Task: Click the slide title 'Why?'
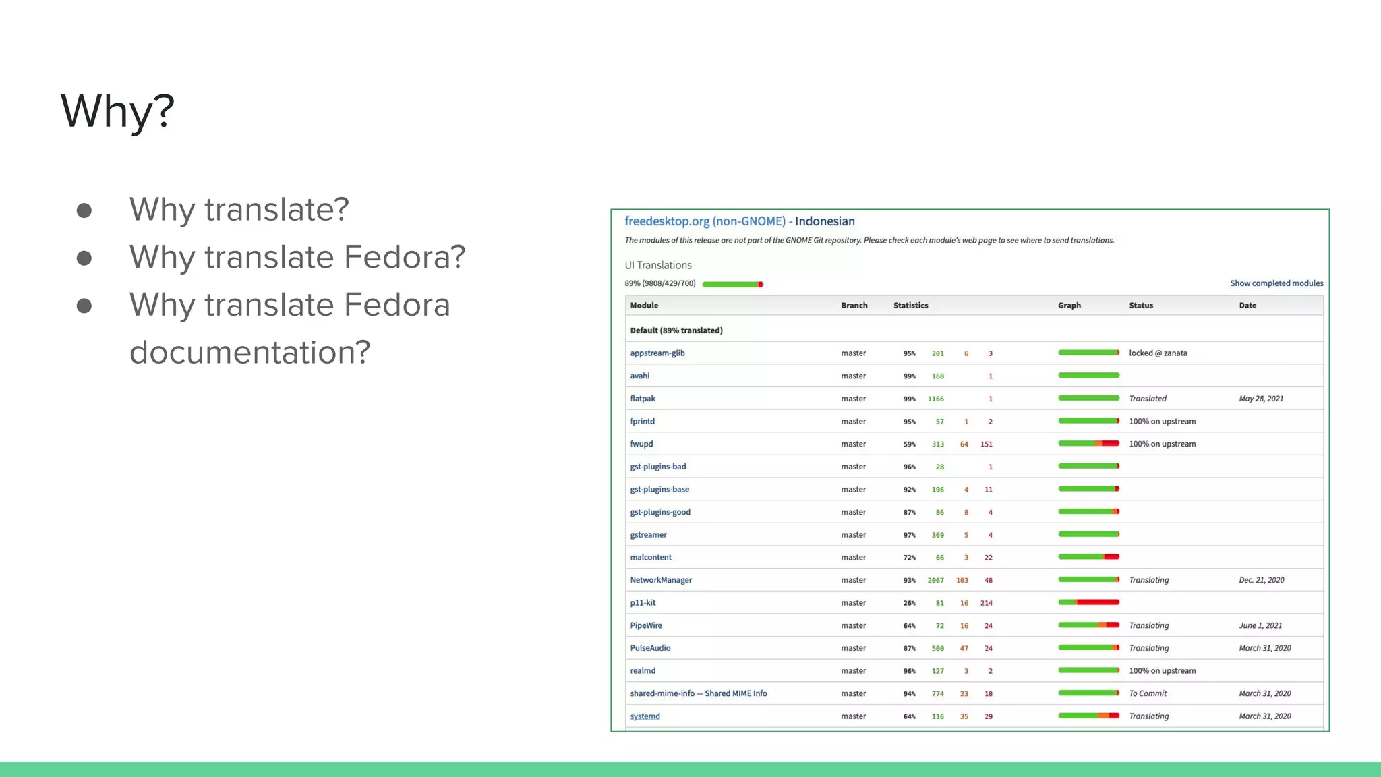coord(117,111)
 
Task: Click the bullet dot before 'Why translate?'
coord(84,210)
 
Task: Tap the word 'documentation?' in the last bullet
coord(249,352)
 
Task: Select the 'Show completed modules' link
coord(1276,283)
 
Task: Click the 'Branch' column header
coord(854,306)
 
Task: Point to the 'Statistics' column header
coord(910,306)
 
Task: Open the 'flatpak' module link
coord(642,399)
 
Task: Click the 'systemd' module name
coord(645,716)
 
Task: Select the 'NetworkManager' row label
coord(661,580)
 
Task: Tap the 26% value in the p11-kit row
coord(909,603)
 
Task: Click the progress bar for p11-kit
coord(1088,602)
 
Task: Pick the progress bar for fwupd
coord(1088,444)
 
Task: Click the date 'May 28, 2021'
coord(1261,399)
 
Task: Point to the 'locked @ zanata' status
coord(1158,353)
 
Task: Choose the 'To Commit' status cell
coord(1148,693)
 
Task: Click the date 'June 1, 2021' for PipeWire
coord(1260,625)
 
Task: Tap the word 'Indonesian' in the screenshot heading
coord(825,221)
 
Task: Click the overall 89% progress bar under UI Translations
coord(732,284)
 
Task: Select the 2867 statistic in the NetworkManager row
coord(935,580)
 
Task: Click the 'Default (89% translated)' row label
coord(676,330)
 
